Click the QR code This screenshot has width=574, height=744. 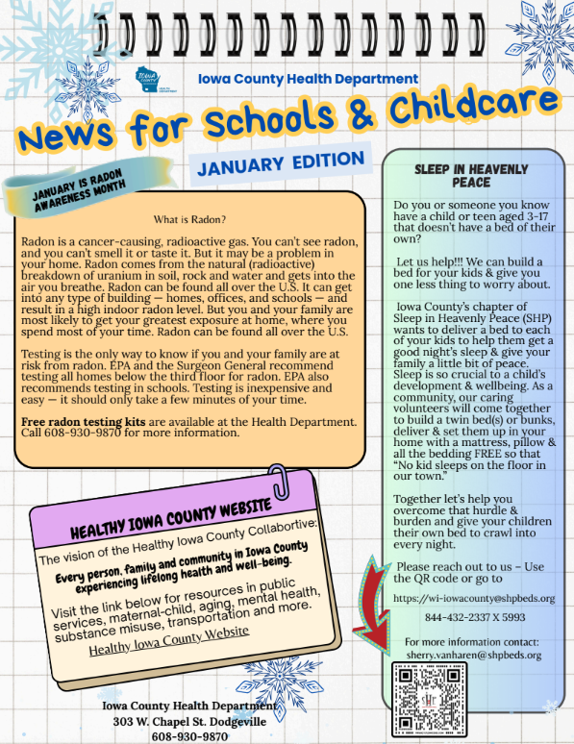(430, 700)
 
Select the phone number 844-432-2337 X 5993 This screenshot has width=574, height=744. (462, 617)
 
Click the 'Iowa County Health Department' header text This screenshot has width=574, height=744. (307, 79)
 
